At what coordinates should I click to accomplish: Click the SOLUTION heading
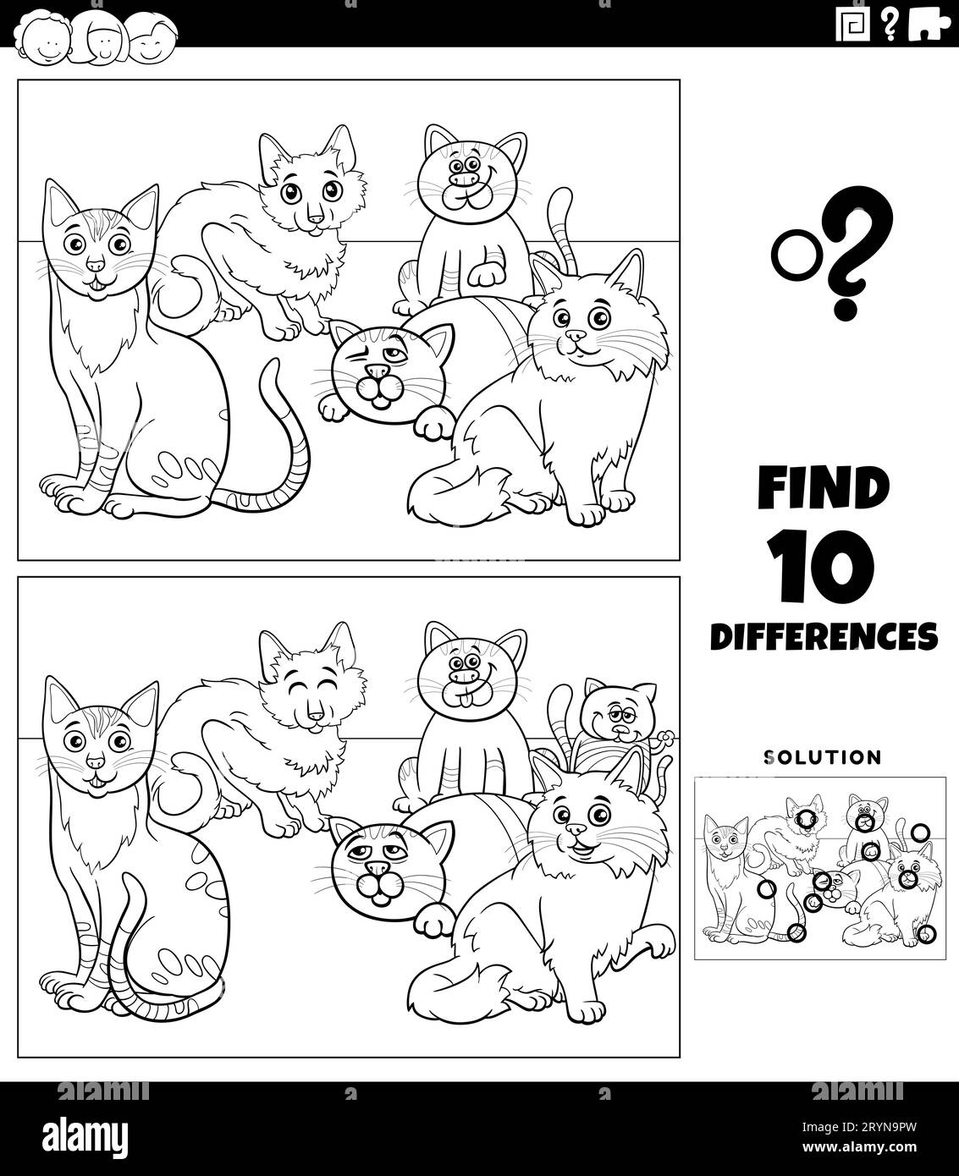pos(823,756)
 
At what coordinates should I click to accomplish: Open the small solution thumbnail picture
pos(821,867)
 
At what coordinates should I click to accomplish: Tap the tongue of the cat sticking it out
pos(464,700)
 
